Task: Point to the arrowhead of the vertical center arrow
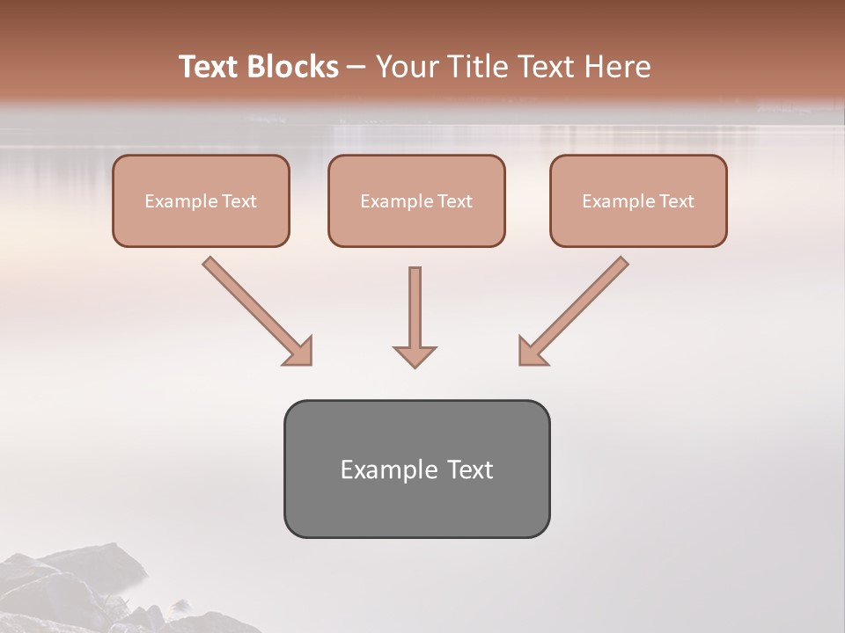[415, 355]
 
